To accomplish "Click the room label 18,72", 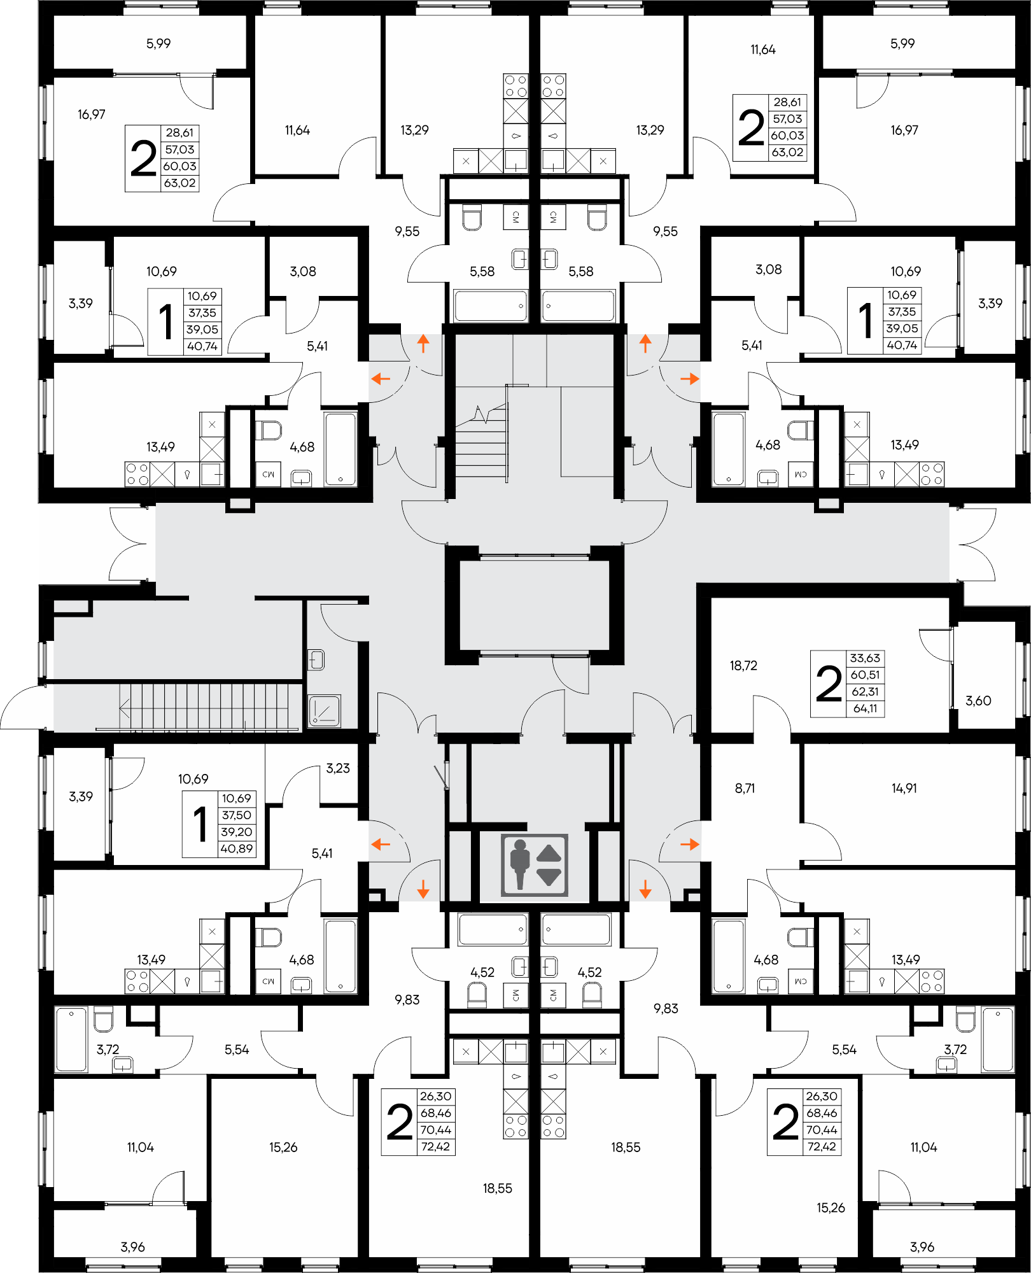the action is point(743,666).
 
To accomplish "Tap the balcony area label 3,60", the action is point(978,701).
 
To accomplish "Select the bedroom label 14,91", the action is point(904,788).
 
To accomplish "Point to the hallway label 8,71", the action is point(745,788).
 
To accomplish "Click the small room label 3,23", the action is point(338,768).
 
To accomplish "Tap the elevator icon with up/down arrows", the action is point(534,866).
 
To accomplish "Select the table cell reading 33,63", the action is point(865,658).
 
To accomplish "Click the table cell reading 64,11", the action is point(865,708).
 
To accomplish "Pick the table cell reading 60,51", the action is point(865,675).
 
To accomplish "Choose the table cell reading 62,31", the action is point(865,692).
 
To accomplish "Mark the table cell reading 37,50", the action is point(236,815).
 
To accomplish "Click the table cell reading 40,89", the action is point(236,848).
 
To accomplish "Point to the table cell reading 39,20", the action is point(236,832).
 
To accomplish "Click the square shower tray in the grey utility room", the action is point(325,710).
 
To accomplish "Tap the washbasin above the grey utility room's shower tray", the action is point(316,659).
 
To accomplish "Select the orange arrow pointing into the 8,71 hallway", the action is point(689,845).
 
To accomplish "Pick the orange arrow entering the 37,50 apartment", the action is point(381,845).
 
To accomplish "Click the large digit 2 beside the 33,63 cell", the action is point(828,684).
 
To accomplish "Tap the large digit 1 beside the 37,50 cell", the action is point(200,824).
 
